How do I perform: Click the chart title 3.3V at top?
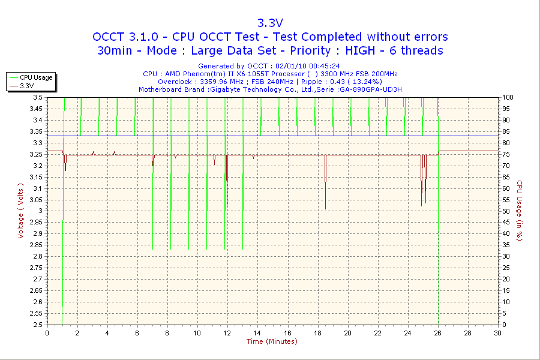(270, 23)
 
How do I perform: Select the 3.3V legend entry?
(27, 86)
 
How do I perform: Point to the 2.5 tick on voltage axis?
(38, 325)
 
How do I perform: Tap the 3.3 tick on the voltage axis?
(38, 143)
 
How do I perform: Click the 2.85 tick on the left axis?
(36, 245)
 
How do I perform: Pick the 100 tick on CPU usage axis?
(507, 97)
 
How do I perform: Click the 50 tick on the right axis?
(505, 211)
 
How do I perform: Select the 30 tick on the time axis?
(497, 333)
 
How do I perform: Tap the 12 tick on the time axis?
(227, 333)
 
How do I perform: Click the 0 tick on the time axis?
(47, 333)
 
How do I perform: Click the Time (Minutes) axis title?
(272, 341)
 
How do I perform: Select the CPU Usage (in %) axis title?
(520, 211)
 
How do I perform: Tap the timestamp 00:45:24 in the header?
(323, 66)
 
